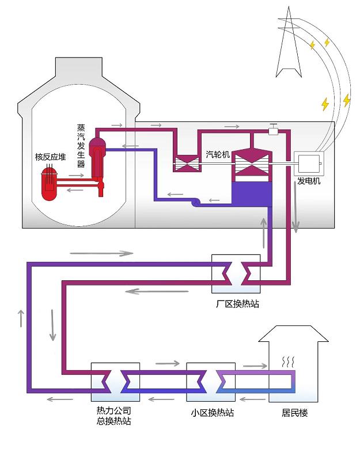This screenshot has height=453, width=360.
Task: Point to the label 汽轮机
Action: pyautogui.click(x=218, y=154)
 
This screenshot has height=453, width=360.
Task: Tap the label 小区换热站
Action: pyautogui.click(x=211, y=413)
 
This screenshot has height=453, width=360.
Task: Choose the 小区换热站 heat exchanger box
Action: pyautogui.click(x=211, y=382)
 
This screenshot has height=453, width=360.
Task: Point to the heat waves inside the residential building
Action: pyautogui.click(x=288, y=362)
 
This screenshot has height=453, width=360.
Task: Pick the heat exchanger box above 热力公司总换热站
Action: pyautogui.click(x=115, y=382)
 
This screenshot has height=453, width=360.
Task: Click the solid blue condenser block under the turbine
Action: pyautogui.click(x=251, y=195)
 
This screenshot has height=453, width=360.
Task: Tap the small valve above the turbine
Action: pyautogui.click(x=274, y=131)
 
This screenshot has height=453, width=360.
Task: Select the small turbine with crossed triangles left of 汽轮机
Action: pyautogui.click(x=187, y=163)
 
